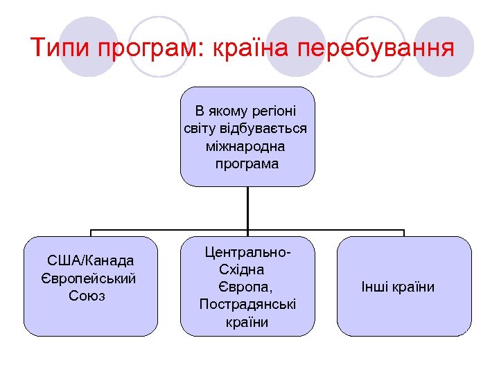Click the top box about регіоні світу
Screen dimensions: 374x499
pyautogui.click(x=247, y=136)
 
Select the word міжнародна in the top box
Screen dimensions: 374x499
pyautogui.click(x=247, y=146)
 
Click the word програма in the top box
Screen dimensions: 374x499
pyautogui.click(x=247, y=164)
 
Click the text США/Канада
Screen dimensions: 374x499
pyautogui.click(x=90, y=261)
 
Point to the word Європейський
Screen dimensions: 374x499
pyautogui.click(x=89, y=278)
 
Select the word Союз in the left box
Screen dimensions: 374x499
pyautogui.click(x=88, y=296)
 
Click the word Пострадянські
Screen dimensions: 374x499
pyautogui.click(x=247, y=305)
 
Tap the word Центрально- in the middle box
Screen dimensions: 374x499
pyautogui.click(x=247, y=251)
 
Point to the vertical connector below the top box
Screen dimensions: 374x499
pyautogui.click(x=247, y=208)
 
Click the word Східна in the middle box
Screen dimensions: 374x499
pyautogui.click(x=242, y=269)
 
